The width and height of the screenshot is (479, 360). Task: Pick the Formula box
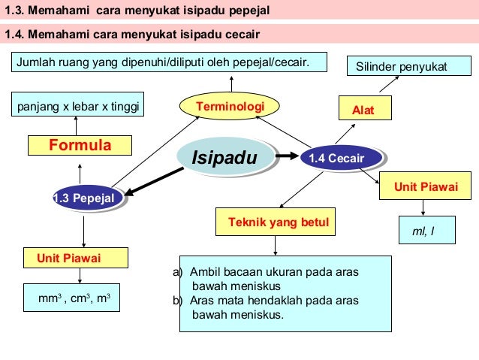80,145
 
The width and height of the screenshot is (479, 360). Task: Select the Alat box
366,108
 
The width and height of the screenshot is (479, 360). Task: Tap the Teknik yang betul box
276,222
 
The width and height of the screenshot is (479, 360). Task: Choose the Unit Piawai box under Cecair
420,186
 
